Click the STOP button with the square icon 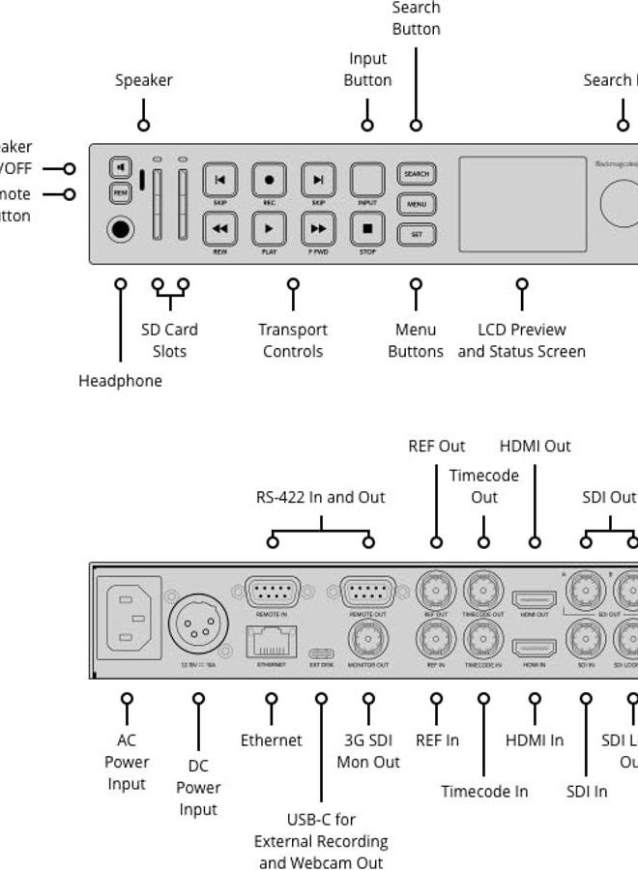click(x=367, y=229)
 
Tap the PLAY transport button click(x=270, y=229)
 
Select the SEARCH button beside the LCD click(x=417, y=174)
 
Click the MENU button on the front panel click(x=417, y=204)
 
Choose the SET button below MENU click(x=417, y=234)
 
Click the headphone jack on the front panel click(x=121, y=230)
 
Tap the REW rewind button click(x=220, y=229)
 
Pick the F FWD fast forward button click(x=318, y=229)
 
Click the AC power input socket click(x=128, y=616)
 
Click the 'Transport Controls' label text click(x=293, y=340)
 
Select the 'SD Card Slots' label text click(x=169, y=340)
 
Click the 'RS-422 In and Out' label click(x=320, y=498)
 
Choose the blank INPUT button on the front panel click(x=367, y=180)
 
